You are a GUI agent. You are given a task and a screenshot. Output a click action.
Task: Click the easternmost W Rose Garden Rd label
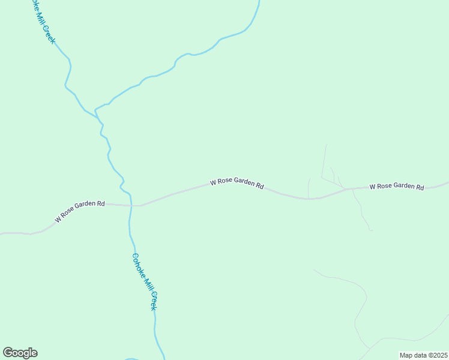pyautogui.click(x=396, y=187)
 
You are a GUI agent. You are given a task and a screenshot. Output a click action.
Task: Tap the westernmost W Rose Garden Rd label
pyautogui.click(x=80, y=211)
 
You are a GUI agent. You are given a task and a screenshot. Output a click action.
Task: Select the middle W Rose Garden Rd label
pyautogui.click(x=237, y=184)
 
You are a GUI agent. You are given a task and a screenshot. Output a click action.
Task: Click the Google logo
pyautogui.click(x=20, y=353)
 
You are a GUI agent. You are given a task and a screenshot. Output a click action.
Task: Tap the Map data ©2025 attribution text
pyautogui.click(x=423, y=355)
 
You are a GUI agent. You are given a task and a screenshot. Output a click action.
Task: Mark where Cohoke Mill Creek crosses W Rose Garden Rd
pyautogui.click(x=131, y=205)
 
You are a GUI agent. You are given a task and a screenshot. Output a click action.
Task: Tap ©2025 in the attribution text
pyautogui.click(x=436, y=355)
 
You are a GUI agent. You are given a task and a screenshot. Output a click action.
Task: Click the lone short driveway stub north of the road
pyautogui.click(x=309, y=188)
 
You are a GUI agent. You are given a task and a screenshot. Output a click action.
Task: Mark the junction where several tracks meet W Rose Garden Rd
pyautogui.click(x=345, y=189)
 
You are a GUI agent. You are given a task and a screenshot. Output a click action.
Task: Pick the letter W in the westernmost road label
pyautogui.click(x=58, y=220)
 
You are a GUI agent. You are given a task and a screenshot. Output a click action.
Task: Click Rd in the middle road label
pyautogui.click(x=260, y=186)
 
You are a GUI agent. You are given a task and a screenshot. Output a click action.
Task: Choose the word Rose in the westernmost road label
pyautogui.click(x=68, y=215)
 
